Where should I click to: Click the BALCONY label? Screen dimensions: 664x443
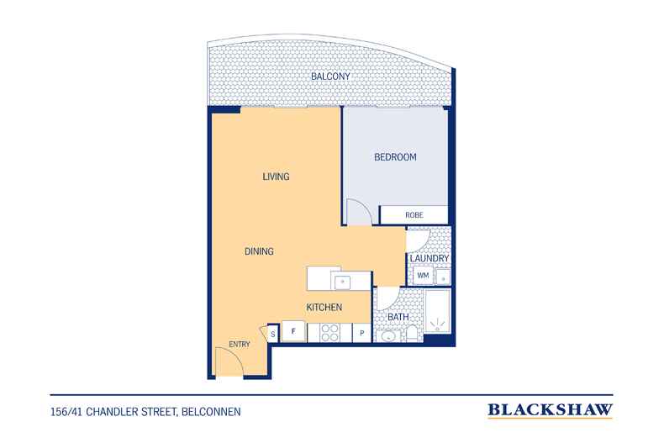point(330,76)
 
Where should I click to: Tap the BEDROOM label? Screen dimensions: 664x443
point(395,157)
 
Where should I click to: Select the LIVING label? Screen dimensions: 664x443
point(276,177)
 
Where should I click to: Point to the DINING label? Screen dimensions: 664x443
point(259,251)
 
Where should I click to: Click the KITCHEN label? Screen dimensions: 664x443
point(324,308)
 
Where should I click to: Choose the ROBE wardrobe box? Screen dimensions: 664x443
point(414,214)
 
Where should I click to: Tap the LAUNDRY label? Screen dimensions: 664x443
point(429,258)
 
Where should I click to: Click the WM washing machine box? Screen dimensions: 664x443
point(423,275)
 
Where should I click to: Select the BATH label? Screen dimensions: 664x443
point(398,317)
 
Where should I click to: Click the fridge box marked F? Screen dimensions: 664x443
point(293,331)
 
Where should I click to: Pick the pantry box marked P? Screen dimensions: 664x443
point(361,333)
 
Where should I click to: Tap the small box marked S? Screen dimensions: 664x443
point(272,335)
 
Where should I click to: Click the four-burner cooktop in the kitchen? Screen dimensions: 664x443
point(329,333)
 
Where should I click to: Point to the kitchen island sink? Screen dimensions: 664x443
point(342,282)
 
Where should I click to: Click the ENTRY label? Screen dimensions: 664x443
point(240,345)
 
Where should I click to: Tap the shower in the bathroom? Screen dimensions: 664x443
point(437,311)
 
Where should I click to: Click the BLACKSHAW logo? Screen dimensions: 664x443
point(550,410)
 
